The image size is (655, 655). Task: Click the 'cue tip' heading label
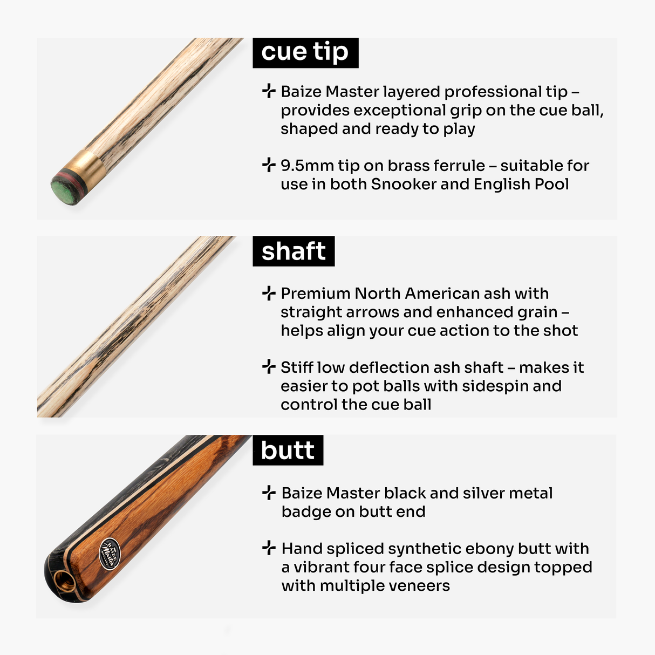pyautogui.click(x=305, y=52)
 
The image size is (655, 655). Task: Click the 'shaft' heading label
pyautogui.click(x=294, y=251)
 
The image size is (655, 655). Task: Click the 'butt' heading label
pyautogui.click(x=288, y=451)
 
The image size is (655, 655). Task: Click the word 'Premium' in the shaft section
pyautogui.click(x=316, y=294)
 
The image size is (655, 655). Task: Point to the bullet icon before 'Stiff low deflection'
pyautogui.click(x=269, y=367)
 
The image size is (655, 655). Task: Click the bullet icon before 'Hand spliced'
pyautogui.click(x=269, y=548)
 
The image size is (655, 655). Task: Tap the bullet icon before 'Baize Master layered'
pyautogui.click(x=269, y=91)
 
